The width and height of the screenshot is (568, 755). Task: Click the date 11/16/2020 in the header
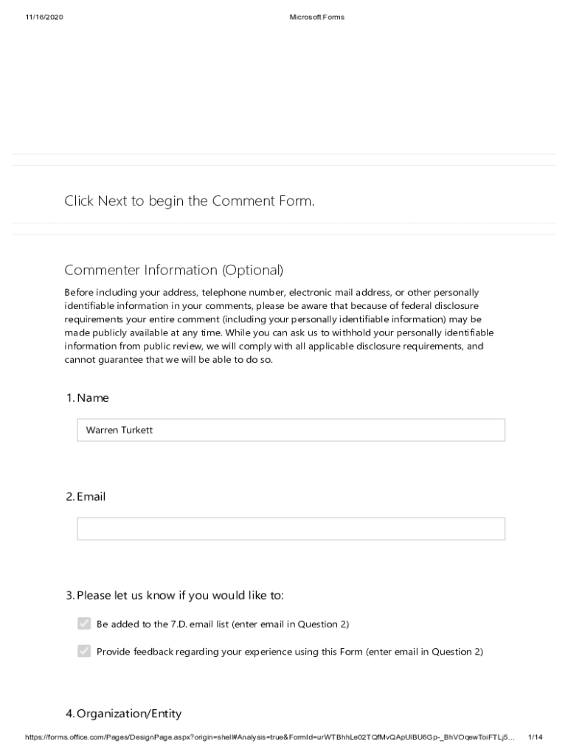(44, 18)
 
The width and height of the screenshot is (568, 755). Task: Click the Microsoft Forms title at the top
(316, 18)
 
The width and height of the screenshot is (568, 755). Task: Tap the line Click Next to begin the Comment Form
(190, 201)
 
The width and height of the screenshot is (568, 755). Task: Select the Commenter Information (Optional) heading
(173, 270)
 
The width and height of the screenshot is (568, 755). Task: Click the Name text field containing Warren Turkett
(291, 430)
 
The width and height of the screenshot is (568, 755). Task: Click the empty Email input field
(291, 529)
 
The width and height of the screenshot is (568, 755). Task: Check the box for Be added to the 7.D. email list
(84, 624)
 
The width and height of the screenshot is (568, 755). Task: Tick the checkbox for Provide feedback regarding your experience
(84, 651)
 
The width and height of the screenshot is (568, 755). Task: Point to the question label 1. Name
(87, 398)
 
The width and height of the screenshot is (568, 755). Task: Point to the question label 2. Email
(86, 497)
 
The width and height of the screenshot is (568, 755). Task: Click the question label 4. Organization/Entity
(123, 714)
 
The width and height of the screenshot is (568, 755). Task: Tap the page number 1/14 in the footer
(536, 737)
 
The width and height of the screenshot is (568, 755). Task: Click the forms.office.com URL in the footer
(269, 737)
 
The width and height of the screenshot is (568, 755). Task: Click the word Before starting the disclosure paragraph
(79, 293)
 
